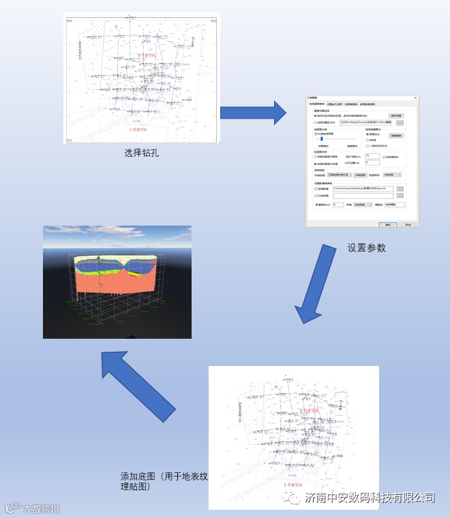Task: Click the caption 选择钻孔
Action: [x=141, y=153]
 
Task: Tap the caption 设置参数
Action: [x=366, y=247]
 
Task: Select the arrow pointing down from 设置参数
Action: [x=316, y=285]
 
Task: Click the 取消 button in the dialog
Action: [x=408, y=224]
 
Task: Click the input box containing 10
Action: [x=372, y=155]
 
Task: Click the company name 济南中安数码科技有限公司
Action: [x=370, y=498]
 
